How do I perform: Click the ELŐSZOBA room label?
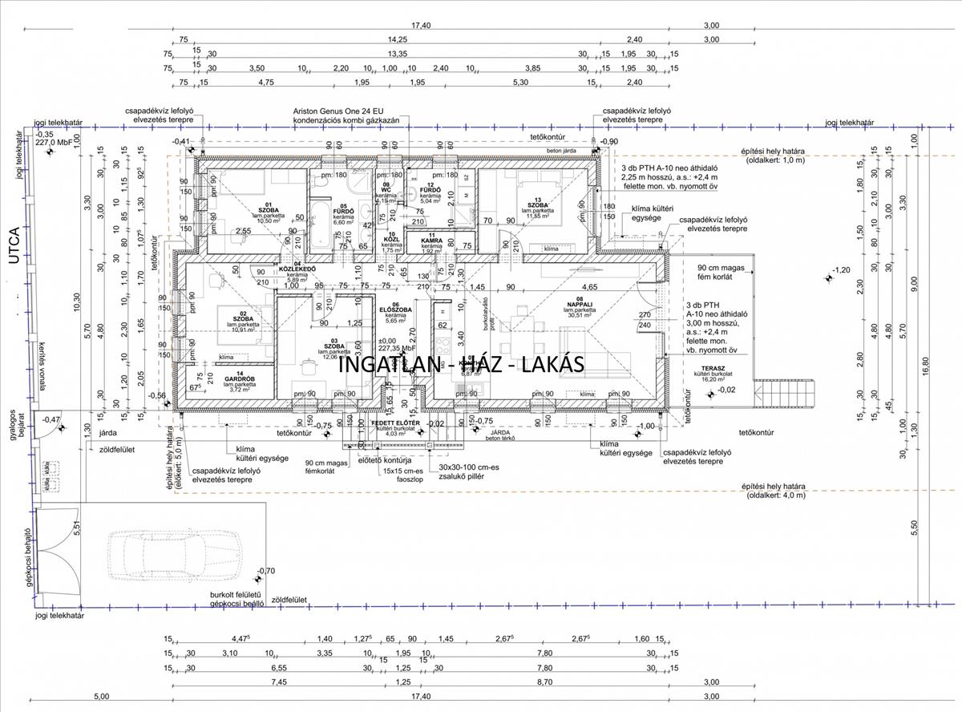tap(395, 309)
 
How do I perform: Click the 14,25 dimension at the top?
tap(397, 38)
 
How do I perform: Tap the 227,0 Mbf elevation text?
tap(52, 142)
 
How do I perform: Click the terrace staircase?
tap(790, 394)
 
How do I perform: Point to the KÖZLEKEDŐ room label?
tap(297, 269)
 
